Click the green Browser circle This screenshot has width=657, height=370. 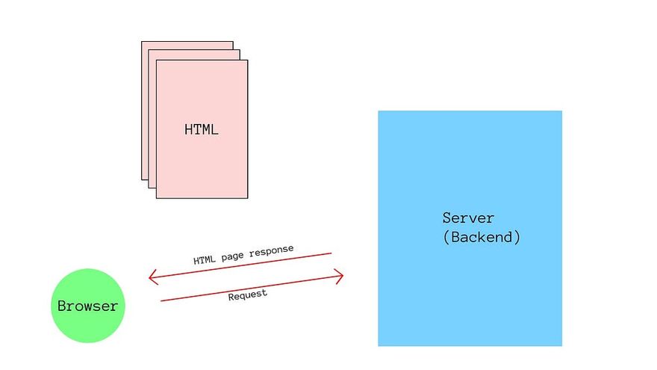(87, 306)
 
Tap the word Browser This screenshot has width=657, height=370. (87, 306)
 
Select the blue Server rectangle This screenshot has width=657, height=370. (470, 299)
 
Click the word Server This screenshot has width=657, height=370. (468, 218)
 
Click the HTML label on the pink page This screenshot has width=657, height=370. (202, 129)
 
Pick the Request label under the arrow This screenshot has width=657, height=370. (247, 295)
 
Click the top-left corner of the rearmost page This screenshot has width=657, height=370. (142, 42)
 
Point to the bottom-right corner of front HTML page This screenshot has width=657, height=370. (247, 198)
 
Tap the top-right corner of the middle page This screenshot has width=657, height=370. (240, 51)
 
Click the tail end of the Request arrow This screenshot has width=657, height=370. (162, 300)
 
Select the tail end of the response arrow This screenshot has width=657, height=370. (331, 254)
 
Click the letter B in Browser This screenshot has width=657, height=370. (62, 306)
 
